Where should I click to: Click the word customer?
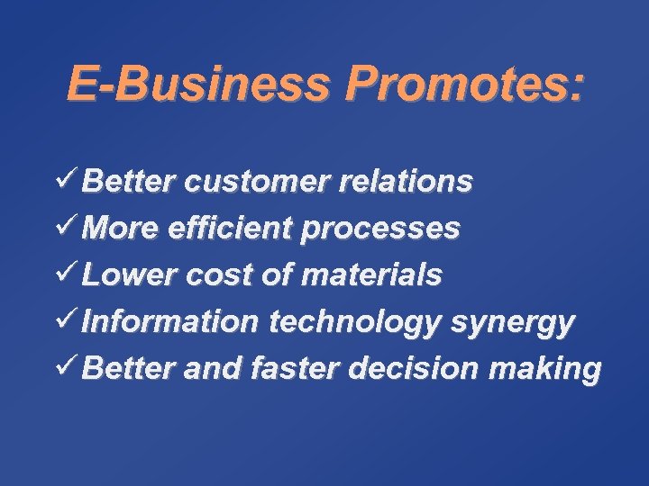[x=261, y=182]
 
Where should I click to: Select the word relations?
[x=409, y=182]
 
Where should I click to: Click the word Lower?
[x=126, y=274]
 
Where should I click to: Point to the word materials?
[x=372, y=274]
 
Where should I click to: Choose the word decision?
[x=421, y=368]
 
